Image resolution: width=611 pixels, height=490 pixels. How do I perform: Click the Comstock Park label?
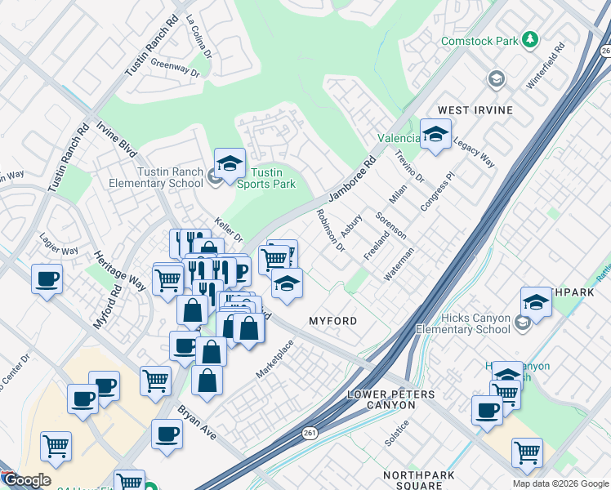point(479,40)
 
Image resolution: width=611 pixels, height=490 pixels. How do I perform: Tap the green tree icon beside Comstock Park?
point(530,39)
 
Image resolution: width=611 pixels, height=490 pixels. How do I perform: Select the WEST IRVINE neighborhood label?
point(475,110)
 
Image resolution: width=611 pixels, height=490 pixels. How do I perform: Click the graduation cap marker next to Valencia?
point(435,135)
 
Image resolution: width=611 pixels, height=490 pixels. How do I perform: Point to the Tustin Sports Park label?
point(272,178)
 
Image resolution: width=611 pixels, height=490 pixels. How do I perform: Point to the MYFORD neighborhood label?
point(332,321)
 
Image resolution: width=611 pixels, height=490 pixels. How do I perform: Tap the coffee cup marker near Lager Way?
point(47,280)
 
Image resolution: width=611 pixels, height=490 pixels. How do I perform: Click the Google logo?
point(26,480)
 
